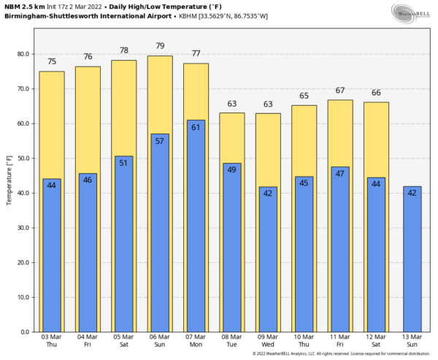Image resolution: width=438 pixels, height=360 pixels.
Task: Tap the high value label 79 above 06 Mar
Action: [160, 46]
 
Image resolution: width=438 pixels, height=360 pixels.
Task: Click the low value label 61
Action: [196, 127]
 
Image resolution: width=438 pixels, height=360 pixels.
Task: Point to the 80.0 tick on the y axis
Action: [23, 54]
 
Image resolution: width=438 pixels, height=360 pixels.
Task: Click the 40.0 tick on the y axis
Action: [23, 193]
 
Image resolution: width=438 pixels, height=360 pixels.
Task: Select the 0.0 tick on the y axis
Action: [25, 332]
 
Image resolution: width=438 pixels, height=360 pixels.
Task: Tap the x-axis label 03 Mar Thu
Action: [52, 341]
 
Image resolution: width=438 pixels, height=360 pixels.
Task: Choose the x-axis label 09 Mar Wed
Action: [268, 341]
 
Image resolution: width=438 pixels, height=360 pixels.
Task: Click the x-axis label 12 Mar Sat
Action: [376, 341]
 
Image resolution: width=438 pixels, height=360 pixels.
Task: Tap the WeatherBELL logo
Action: [412, 12]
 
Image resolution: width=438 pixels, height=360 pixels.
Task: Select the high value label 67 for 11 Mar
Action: [339, 90]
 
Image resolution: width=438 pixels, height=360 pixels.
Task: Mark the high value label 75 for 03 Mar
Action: [52, 62]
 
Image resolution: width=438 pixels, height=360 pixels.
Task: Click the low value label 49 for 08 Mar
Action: [231, 169]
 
